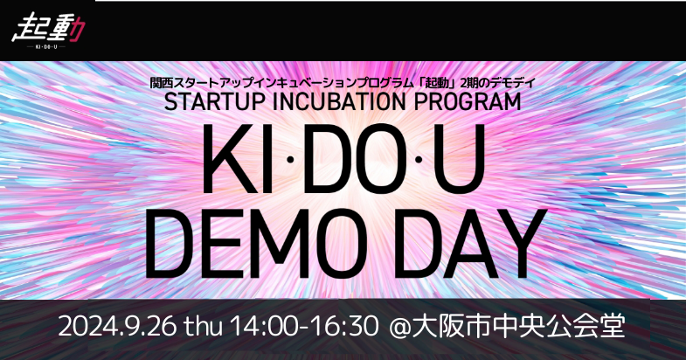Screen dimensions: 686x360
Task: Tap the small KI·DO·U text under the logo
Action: pos(46,47)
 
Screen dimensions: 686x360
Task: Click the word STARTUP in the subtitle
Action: pos(215,102)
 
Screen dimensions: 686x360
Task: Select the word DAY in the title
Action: pos(470,243)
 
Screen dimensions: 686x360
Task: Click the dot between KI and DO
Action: pos(289,160)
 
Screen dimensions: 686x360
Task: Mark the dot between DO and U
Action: pos(419,160)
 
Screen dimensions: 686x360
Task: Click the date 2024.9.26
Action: pos(117,327)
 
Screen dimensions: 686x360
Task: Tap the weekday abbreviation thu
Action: pos(204,327)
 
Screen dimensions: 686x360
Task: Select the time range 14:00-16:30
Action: pos(304,327)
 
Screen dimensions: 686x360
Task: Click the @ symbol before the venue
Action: pos(400,328)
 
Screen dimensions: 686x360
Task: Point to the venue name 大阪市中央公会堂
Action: pos(518,327)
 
